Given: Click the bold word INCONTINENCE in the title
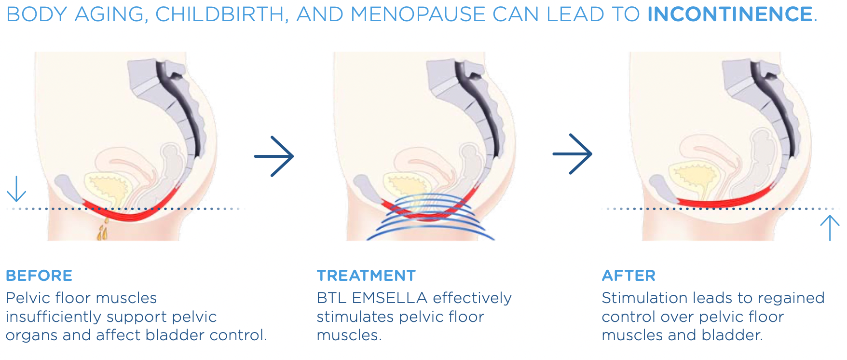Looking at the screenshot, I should [730, 14].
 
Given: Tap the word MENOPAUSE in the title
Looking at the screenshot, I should [418, 14].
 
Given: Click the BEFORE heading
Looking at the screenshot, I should [39, 276].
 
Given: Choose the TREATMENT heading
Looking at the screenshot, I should [366, 276].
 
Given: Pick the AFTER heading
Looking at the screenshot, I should [628, 276].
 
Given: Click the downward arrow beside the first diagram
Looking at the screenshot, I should [16, 189].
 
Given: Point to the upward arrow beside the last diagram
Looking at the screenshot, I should [830, 227].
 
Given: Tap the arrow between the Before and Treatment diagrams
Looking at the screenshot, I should [274, 156].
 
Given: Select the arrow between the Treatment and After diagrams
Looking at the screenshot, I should [573, 154].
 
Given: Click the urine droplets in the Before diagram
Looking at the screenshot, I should [102, 231].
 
